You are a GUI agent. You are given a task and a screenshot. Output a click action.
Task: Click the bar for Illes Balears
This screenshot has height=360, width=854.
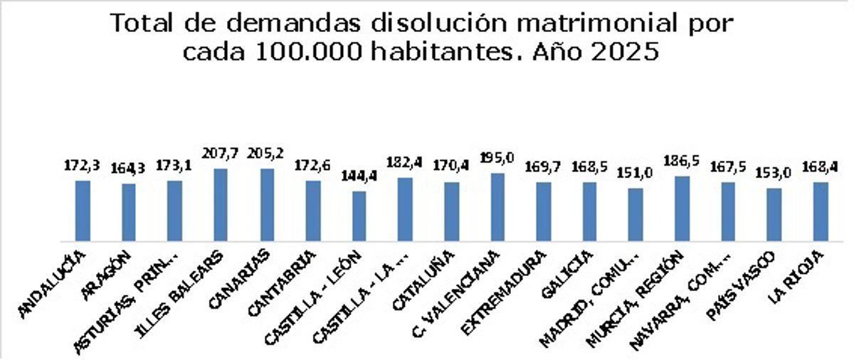pyautogui.click(x=221, y=205)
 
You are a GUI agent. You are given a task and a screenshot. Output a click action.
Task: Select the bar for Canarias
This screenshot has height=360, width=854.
pyautogui.click(x=267, y=205)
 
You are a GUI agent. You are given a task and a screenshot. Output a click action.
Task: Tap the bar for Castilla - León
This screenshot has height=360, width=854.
pyautogui.click(x=359, y=216)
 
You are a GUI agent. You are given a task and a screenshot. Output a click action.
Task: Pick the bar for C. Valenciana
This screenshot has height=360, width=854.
pyautogui.click(x=498, y=207)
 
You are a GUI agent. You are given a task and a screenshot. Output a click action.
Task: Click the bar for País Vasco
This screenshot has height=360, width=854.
pyautogui.click(x=774, y=215)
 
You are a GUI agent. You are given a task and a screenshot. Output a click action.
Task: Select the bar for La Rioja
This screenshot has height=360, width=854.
pyautogui.click(x=821, y=212)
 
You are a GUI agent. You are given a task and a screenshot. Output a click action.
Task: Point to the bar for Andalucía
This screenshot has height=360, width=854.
pyautogui.click(x=83, y=211)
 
